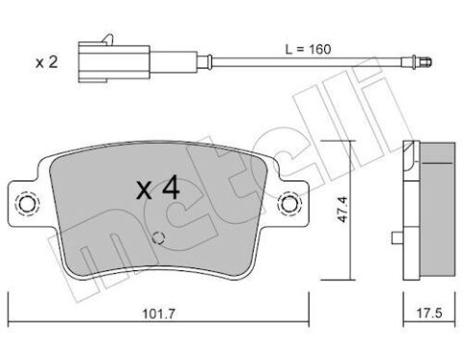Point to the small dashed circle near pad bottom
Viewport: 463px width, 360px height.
[160, 240]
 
